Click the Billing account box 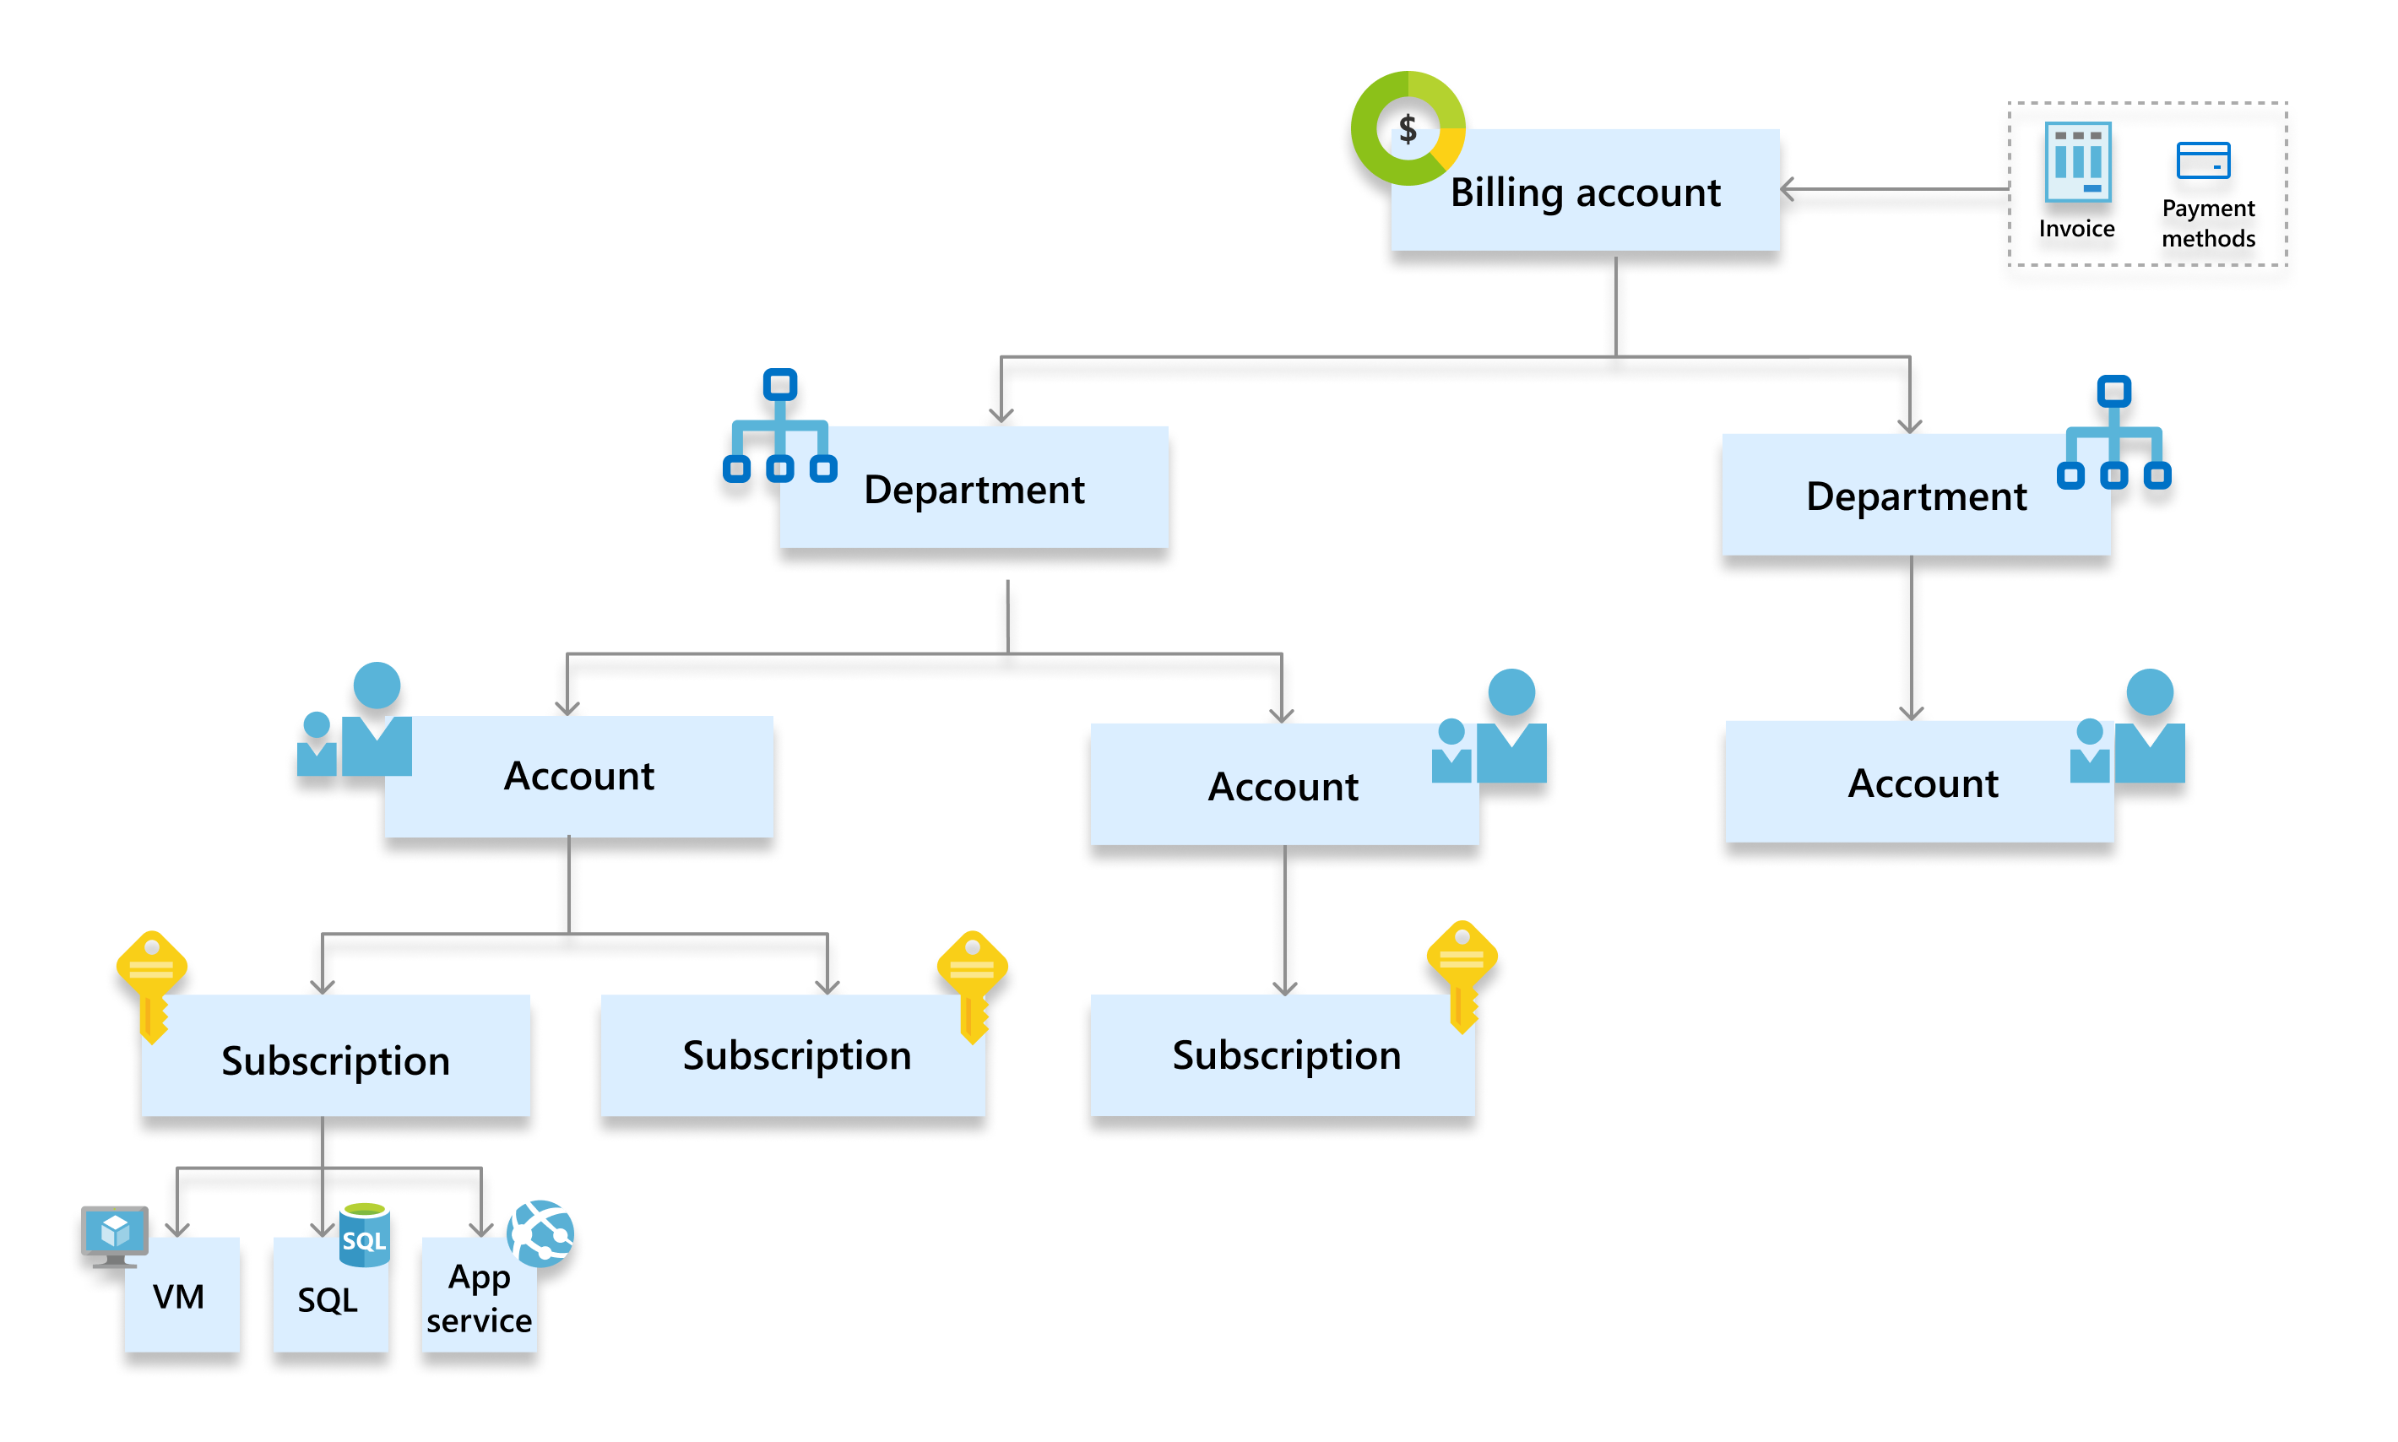click(1584, 191)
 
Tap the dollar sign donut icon click(1407, 128)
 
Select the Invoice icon click(2076, 161)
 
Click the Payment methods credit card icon click(2202, 160)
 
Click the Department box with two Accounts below click(974, 488)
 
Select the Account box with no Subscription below click(1919, 783)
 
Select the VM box click(182, 1295)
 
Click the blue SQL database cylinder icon click(365, 1235)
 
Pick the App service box click(479, 1298)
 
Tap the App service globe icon click(540, 1234)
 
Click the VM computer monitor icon click(115, 1235)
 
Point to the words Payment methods click(2207, 224)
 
